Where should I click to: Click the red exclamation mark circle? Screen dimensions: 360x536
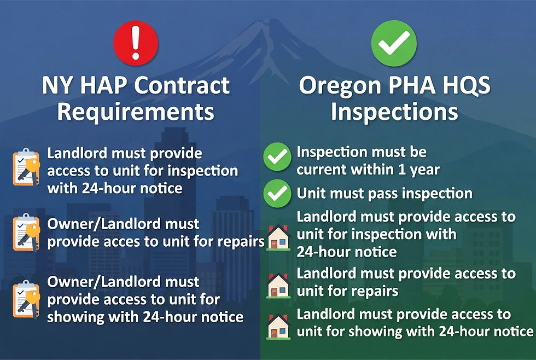(x=135, y=43)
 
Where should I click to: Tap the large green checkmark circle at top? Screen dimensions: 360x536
(x=394, y=43)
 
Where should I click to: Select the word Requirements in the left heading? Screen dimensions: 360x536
(x=135, y=112)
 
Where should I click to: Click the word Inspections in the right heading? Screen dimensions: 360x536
(x=394, y=112)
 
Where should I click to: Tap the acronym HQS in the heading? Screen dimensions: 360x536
(x=465, y=86)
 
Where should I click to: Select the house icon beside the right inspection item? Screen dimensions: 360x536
(x=278, y=236)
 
